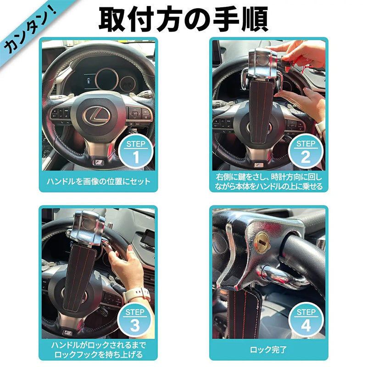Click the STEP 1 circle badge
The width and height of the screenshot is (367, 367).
[136, 151]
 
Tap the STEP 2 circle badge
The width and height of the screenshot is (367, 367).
[306, 151]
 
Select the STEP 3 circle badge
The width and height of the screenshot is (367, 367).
[135, 320]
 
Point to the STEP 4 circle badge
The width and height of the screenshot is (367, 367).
[306, 320]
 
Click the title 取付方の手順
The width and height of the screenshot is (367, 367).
[183, 19]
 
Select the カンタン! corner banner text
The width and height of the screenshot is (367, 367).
[30, 30]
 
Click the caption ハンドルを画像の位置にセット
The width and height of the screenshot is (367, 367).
[98, 182]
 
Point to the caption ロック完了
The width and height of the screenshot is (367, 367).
[268, 350]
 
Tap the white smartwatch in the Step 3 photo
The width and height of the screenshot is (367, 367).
[137, 295]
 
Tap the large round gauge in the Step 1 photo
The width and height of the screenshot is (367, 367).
[107, 79]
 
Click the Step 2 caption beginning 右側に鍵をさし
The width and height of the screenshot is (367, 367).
[269, 182]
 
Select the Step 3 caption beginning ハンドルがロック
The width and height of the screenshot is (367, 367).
[98, 350]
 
